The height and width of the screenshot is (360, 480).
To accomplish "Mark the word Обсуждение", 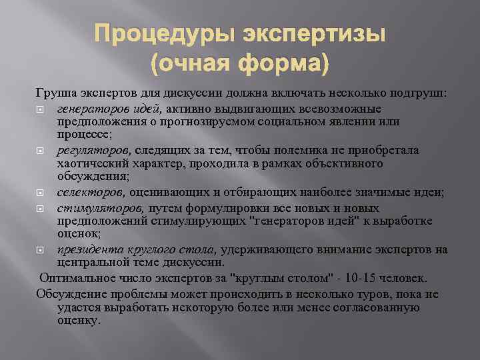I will point(69,293).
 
